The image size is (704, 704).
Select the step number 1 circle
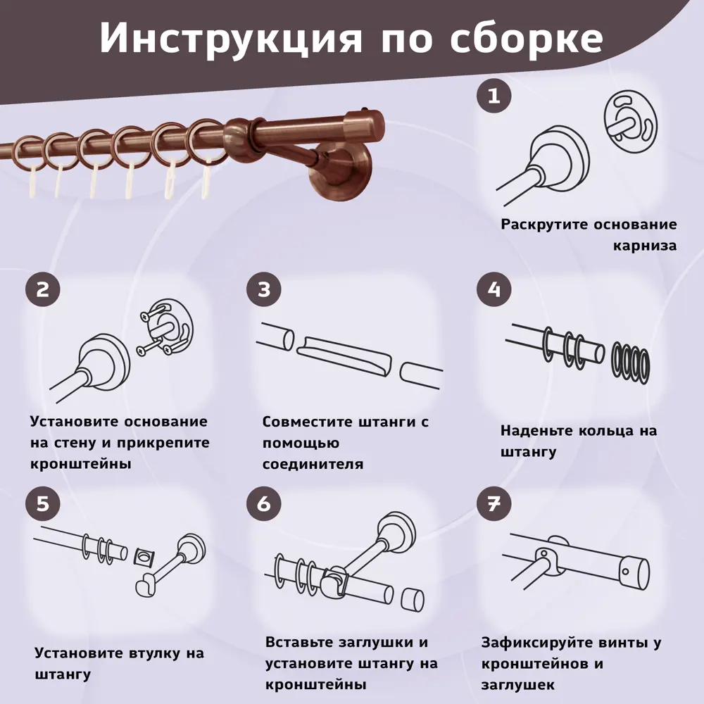click(494, 96)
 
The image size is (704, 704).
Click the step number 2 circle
click(43, 289)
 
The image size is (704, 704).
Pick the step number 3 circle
click(264, 289)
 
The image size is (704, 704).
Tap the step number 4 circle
click(494, 289)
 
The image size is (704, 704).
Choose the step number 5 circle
click(43, 503)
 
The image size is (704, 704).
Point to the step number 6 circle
click(264, 503)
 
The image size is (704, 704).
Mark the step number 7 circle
click(494, 503)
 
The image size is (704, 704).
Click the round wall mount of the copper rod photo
click(341, 170)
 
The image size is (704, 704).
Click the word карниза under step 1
click(645, 246)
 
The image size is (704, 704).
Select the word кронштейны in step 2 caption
click(81, 464)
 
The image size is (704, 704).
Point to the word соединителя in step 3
click(313, 464)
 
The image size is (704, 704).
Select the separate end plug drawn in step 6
click(412, 600)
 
